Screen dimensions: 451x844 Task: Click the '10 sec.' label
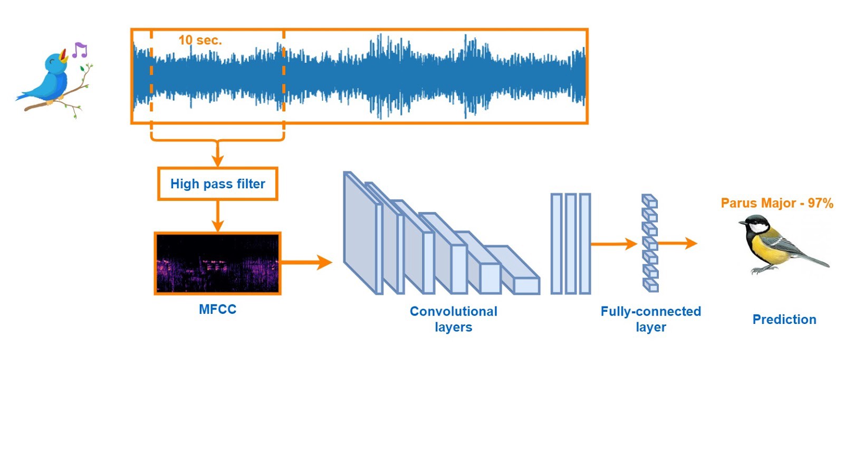point(200,40)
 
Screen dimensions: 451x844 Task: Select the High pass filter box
point(217,184)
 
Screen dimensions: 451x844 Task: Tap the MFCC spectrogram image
point(217,263)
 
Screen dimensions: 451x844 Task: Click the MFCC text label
point(217,309)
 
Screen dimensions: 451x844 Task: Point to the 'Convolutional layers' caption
point(454,319)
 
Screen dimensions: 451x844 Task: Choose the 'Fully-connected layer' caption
point(650,319)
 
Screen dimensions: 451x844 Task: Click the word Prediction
point(784,319)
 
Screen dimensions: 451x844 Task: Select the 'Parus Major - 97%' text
point(776,203)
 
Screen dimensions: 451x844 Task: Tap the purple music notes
point(79,50)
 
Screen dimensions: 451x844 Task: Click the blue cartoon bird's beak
point(64,56)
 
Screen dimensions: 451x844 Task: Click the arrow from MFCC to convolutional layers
point(306,262)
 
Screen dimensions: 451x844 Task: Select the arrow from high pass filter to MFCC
point(217,216)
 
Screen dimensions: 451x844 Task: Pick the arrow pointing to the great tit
point(678,243)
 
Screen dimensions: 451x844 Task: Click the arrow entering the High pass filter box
point(217,156)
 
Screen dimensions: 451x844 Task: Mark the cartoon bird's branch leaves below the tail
point(74,110)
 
